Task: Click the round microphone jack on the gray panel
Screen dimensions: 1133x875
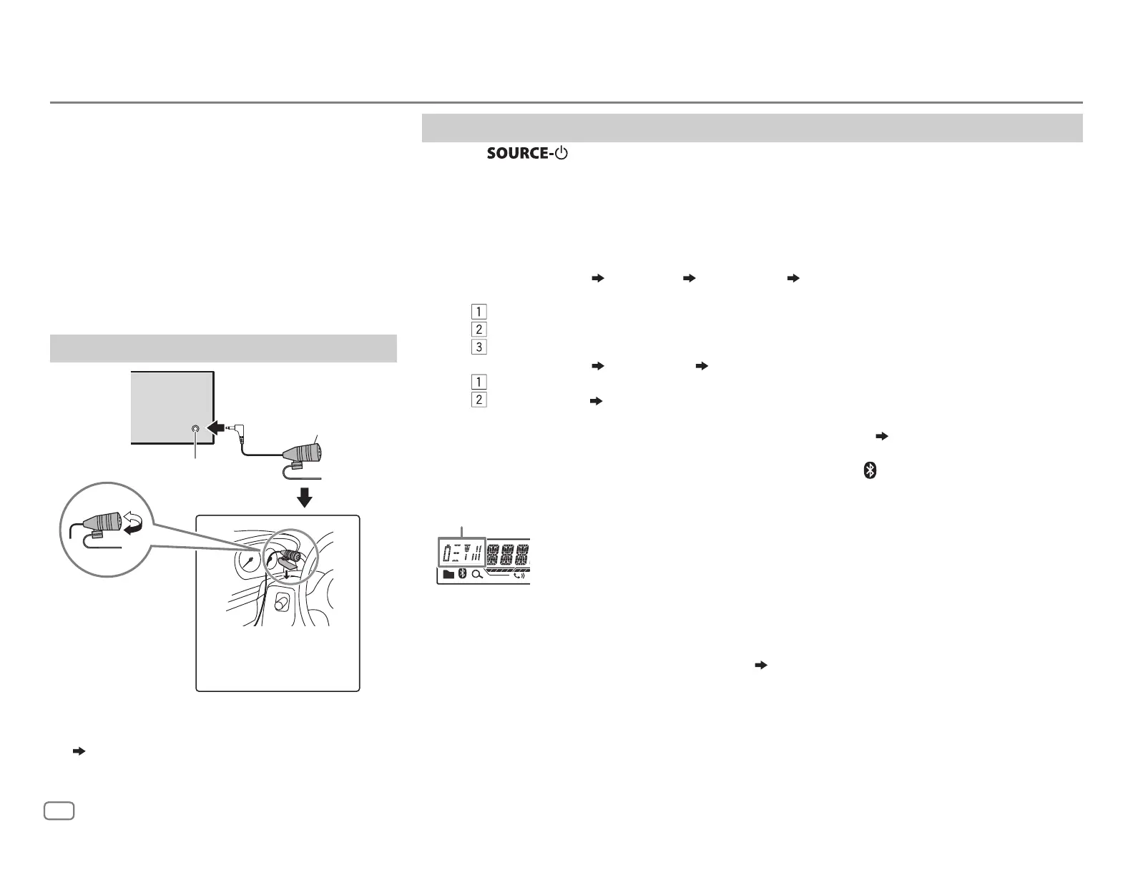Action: [x=197, y=430]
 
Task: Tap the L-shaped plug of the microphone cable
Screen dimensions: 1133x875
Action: [x=236, y=430]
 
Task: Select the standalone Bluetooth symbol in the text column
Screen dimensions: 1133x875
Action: [x=870, y=470]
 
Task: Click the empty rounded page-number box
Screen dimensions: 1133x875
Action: [x=60, y=811]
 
